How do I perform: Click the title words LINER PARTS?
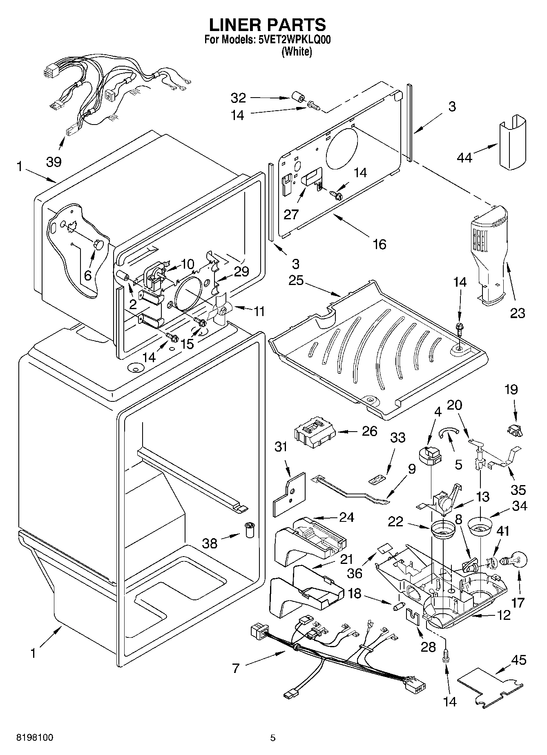pyautogui.click(x=268, y=25)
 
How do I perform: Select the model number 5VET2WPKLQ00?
pyautogui.click(x=294, y=40)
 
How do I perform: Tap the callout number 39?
pyautogui.click(x=54, y=162)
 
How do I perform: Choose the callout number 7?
pyautogui.click(x=235, y=668)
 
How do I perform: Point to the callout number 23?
pyautogui.click(x=518, y=313)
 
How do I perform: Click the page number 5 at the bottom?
pyautogui.click(x=273, y=738)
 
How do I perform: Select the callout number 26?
pyautogui.click(x=370, y=431)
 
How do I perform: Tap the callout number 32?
pyautogui.click(x=239, y=98)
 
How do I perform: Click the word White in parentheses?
pyautogui.click(x=297, y=52)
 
